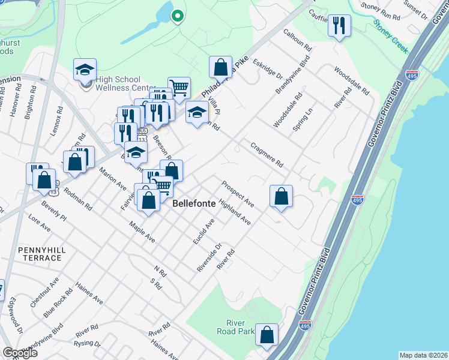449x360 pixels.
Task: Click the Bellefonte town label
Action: point(194,204)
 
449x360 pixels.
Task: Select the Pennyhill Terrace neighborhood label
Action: point(40,253)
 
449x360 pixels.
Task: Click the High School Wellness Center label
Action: point(118,84)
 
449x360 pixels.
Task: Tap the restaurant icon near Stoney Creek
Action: point(339,26)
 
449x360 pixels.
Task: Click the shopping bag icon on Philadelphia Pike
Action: point(220,67)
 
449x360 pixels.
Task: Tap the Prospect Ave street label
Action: point(238,194)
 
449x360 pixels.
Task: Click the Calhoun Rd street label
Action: point(298,40)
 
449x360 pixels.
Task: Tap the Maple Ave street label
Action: point(142,232)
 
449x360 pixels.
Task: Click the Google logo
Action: point(20,353)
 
